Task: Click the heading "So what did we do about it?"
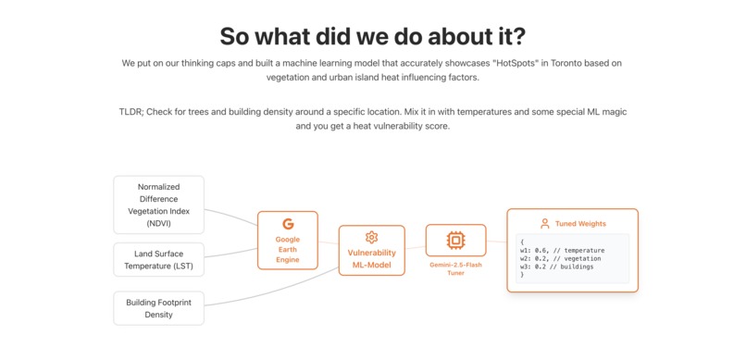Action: (x=372, y=36)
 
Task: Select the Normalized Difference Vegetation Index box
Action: (x=158, y=205)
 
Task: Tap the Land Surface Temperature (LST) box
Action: (x=158, y=260)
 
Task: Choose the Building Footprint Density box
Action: (x=158, y=308)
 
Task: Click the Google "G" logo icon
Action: (x=288, y=224)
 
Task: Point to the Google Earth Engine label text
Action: (x=288, y=250)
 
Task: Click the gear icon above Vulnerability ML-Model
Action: (x=371, y=238)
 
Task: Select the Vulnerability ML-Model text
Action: (x=371, y=259)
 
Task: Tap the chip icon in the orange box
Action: (x=455, y=241)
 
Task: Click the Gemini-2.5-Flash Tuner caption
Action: (x=455, y=268)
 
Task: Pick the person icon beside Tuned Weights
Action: (x=544, y=224)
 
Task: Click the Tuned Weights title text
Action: (x=580, y=224)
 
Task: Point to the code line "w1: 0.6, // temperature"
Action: (x=562, y=250)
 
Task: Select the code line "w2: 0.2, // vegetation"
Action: (x=561, y=258)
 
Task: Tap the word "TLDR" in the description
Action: (x=132, y=111)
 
